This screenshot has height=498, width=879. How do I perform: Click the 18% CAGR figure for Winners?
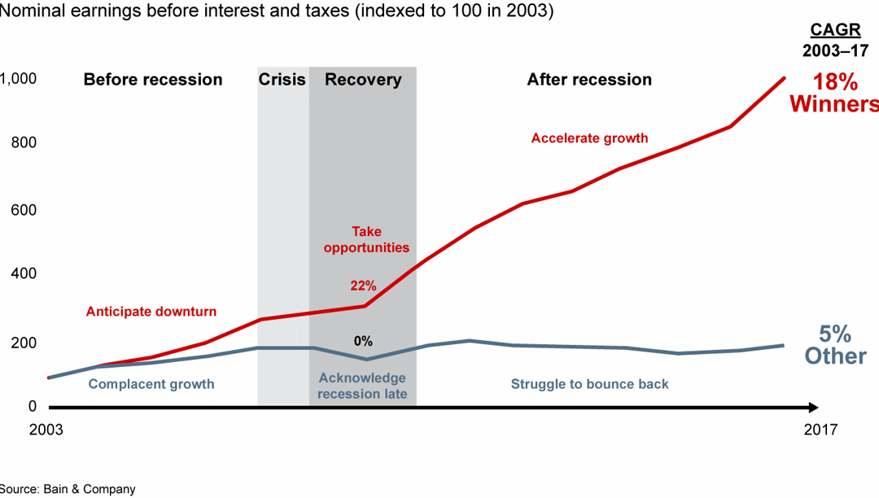pyautogui.click(x=836, y=82)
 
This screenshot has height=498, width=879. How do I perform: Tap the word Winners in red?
pyautogui.click(x=833, y=104)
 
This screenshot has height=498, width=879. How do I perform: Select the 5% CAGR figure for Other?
pyautogui.click(x=835, y=334)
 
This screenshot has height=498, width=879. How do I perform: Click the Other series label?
pyautogui.click(x=835, y=356)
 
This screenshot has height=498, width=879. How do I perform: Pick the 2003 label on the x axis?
pyautogui.click(x=46, y=430)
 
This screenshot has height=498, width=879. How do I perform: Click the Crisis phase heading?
pyautogui.click(x=282, y=80)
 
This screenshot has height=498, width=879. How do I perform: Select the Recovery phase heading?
pyautogui.click(x=363, y=80)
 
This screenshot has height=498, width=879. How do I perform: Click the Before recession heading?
pyautogui.click(x=153, y=80)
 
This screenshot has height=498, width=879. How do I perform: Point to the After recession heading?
pyautogui.click(x=589, y=80)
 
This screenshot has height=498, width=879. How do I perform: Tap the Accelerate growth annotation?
pyautogui.click(x=589, y=138)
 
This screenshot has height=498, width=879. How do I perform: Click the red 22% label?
pyautogui.click(x=363, y=286)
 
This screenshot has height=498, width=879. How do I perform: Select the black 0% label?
pyautogui.click(x=363, y=341)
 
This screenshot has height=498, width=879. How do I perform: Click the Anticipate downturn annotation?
pyautogui.click(x=151, y=311)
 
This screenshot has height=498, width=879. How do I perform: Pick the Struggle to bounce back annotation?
pyautogui.click(x=589, y=384)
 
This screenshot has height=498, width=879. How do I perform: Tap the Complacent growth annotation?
pyautogui.click(x=151, y=384)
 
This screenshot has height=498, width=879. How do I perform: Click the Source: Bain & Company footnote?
pyautogui.click(x=68, y=489)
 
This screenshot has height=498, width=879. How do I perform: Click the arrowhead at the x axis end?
pyautogui.click(x=815, y=407)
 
